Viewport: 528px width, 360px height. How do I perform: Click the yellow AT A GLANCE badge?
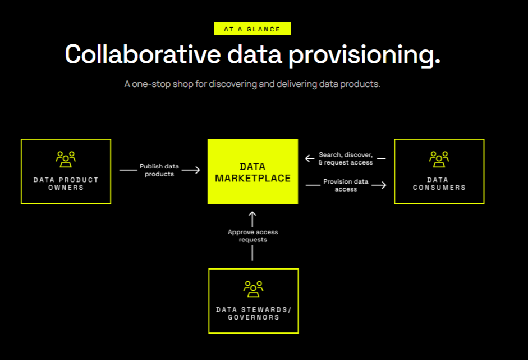point(252,29)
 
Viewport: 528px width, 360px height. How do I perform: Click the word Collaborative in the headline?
point(143,54)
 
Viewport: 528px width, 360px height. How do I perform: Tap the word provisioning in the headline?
point(364,55)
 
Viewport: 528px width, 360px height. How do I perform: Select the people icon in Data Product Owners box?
point(66,159)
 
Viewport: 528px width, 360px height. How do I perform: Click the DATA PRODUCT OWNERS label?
point(66,184)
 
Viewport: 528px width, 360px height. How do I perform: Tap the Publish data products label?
point(159,170)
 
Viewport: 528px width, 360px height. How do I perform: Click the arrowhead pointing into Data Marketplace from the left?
point(196,170)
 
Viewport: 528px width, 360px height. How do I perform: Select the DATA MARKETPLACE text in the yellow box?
point(252,172)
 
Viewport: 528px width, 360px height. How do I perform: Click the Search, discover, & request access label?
point(346,158)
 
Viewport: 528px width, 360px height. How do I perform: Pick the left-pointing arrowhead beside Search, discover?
point(309,158)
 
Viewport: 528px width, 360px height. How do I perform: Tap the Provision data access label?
point(346,185)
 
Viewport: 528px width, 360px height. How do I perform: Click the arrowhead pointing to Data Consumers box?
point(383,185)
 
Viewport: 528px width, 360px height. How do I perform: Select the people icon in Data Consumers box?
point(439,159)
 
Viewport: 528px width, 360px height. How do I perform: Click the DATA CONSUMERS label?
point(439,184)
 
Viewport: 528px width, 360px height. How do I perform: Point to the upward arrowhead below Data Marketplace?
point(252,215)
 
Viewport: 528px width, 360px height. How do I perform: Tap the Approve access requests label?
point(253,236)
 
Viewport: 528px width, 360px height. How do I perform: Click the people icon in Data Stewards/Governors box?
point(253,289)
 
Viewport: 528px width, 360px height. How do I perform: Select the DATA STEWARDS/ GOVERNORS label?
point(253,313)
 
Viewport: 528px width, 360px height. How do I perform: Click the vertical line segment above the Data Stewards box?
point(252,253)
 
